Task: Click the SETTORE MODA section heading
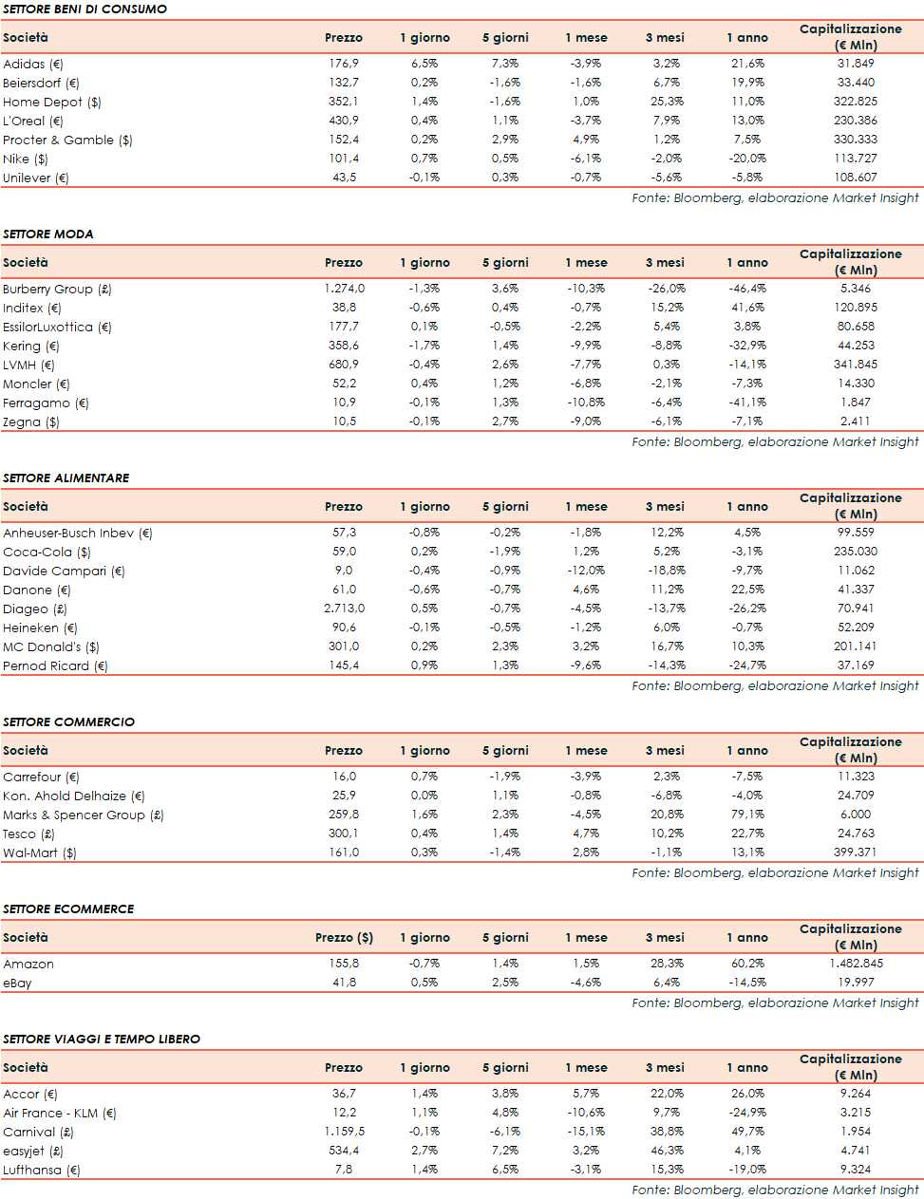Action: [x=48, y=234]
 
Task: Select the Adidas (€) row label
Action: [x=33, y=64]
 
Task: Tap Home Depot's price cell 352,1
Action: [x=344, y=102]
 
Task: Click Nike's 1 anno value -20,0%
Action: [x=746, y=159]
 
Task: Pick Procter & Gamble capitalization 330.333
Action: [x=855, y=140]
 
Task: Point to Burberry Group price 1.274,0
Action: [x=344, y=289]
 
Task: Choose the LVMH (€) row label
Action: [x=28, y=365]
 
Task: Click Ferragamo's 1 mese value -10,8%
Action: [x=585, y=403]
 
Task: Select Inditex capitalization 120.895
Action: [x=855, y=308]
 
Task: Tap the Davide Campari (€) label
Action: [x=64, y=571]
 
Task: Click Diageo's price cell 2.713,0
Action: [x=344, y=609]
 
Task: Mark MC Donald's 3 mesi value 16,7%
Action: [x=667, y=646]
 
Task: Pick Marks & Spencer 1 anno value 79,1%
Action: [x=747, y=815]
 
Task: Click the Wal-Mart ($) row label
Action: [x=40, y=852]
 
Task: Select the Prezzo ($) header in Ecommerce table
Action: [x=344, y=937]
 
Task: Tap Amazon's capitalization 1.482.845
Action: [x=855, y=964]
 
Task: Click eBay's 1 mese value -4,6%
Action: [x=586, y=983]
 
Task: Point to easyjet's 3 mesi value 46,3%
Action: [x=667, y=1151]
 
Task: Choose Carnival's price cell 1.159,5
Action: [x=344, y=1132]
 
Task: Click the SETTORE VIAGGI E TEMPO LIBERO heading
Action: [x=102, y=1039]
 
